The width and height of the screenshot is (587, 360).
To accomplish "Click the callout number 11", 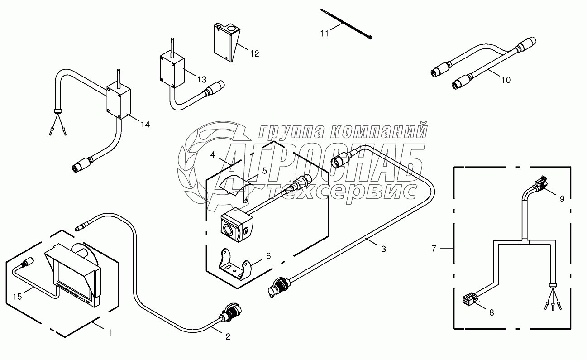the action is click(324, 34).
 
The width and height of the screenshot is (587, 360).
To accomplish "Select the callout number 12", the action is click(254, 53).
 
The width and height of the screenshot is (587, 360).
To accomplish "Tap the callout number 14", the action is click(145, 124).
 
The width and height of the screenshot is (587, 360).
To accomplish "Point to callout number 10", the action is click(506, 80).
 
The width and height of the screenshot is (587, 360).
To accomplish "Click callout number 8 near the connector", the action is click(492, 312).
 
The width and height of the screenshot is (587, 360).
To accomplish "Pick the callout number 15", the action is click(18, 297).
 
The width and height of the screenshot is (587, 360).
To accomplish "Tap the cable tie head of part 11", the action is click(370, 38).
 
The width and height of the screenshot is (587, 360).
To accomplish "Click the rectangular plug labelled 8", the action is click(470, 299).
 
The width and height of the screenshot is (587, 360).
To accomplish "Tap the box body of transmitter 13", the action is click(172, 71).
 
